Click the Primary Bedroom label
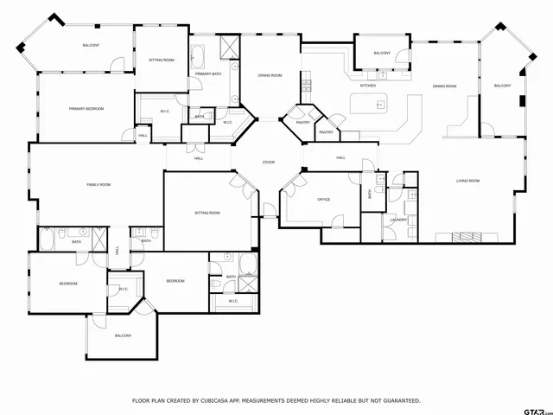coord(86,108)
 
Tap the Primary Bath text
coord(208,74)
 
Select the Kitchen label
coord(367,86)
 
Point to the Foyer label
coord(269,162)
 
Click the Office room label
coord(324,200)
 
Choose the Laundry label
coord(398,220)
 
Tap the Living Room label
coord(468,181)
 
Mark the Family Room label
coord(99,184)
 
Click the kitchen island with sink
coord(377,105)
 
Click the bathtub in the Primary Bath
coord(197,58)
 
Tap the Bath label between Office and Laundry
coord(369,195)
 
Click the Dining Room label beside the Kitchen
coord(444,86)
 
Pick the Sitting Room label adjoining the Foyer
coord(207,212)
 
